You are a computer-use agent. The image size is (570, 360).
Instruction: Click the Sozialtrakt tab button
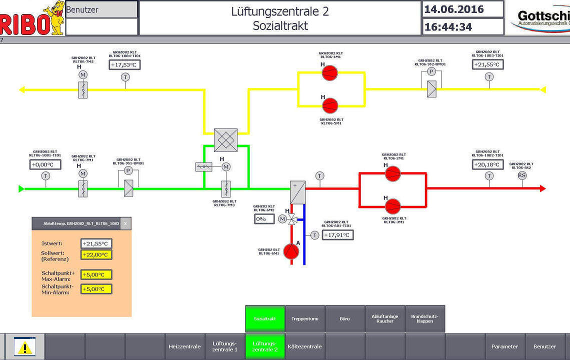[265, 318]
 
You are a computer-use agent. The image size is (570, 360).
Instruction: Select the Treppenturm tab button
[305, 318]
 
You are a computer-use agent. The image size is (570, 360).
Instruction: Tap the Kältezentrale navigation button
[305, 346]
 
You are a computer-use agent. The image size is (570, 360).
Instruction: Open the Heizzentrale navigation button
[184, 346]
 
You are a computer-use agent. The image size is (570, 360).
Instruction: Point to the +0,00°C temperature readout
[45, 164]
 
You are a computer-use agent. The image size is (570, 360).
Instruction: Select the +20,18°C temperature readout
[488, 164]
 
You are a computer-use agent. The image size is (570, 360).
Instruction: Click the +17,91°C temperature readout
[337, 235]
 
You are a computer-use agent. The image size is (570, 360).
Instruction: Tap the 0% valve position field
[263, 218]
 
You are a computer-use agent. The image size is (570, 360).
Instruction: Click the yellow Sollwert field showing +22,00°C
[96, 254]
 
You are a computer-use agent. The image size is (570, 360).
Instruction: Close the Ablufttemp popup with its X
[125, 223]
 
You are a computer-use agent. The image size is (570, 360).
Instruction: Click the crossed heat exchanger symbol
[225, 140]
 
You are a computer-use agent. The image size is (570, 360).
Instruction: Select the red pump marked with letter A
[291, 251]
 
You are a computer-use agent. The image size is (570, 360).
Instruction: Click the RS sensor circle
[522, 175]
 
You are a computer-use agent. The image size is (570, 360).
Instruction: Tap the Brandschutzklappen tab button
[424, 318]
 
